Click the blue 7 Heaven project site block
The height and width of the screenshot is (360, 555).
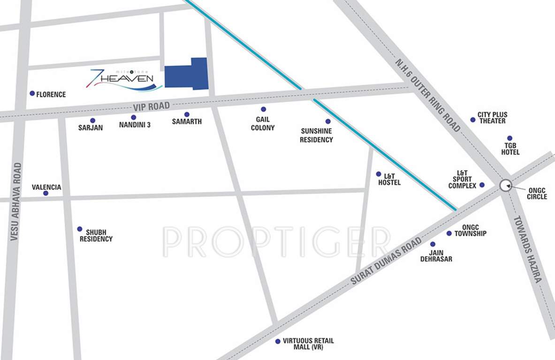[187, 75]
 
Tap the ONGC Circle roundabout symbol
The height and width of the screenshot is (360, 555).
[505, 185]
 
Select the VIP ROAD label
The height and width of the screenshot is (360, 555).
[151, 107]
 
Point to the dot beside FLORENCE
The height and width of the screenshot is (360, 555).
[32, 93]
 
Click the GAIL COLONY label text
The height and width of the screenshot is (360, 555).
[263, 124]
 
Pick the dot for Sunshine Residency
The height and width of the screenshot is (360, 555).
[328, 121]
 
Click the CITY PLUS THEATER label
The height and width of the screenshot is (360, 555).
[492, 118]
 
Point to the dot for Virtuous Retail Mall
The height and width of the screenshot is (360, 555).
[278, 341]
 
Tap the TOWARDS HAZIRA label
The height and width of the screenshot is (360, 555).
[528, 249]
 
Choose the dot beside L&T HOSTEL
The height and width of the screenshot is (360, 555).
[379, 174]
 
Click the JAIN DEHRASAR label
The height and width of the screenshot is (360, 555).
[436, 255]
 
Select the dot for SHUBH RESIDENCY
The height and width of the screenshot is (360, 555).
[80, 229]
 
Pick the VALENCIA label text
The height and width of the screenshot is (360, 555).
[46, 187]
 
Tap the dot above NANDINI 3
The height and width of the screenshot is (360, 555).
[134, 117]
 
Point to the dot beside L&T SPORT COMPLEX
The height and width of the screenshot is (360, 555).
[482, 185]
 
